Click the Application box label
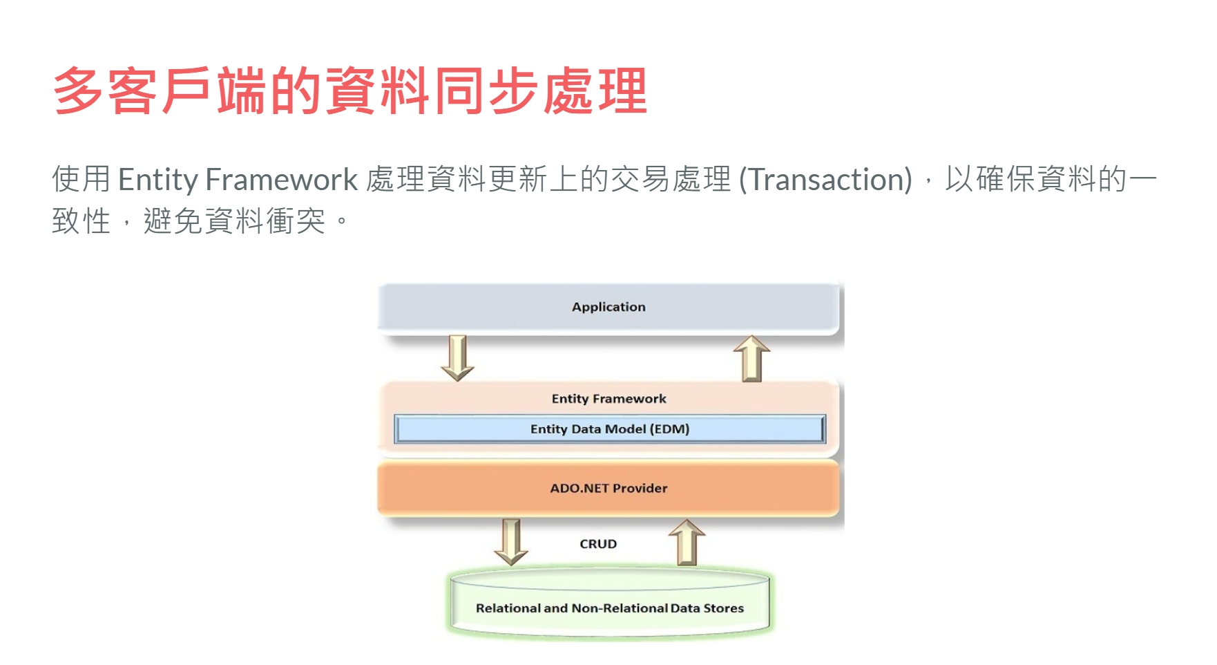point(608,307)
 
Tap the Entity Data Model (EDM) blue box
point(610,429)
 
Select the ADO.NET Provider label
point(608,488)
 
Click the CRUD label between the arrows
point(598,544)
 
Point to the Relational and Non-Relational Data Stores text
point(610,608)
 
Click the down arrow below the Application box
point(458,358)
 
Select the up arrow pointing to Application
point(751,359)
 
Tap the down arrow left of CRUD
point(511,543)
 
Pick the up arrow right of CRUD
point(687,543)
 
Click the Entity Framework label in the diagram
point(608,399)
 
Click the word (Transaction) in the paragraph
point(826,180)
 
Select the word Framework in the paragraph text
point(282,180)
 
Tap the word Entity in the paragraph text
point(158,180)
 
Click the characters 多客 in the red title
point(106,91)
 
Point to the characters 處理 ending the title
point(595,91)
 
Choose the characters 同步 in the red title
point(487,91)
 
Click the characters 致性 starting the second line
point(82,221)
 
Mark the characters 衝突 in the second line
point(296,221)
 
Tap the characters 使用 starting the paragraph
point(82,180)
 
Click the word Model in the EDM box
point(625,429)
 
